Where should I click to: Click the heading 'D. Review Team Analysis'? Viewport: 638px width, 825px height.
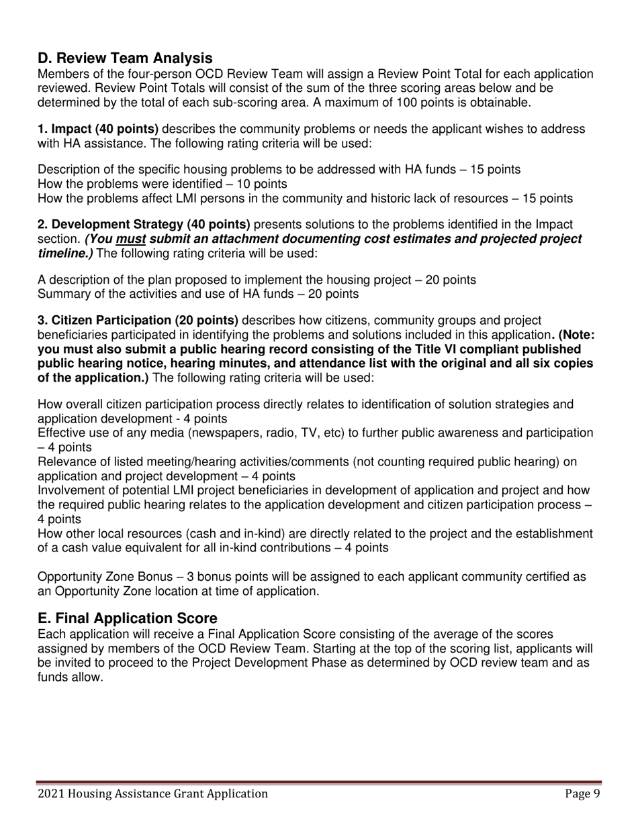pyautogui.click(x=125, y=58)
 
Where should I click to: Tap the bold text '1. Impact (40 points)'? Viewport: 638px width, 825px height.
pyautogui.click(x=97, y=129)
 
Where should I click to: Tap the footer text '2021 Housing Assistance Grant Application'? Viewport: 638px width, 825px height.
pyautogui.click(x=152, y=794)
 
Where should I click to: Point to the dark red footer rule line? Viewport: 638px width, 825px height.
pyautogui.click(x=318, y=782)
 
